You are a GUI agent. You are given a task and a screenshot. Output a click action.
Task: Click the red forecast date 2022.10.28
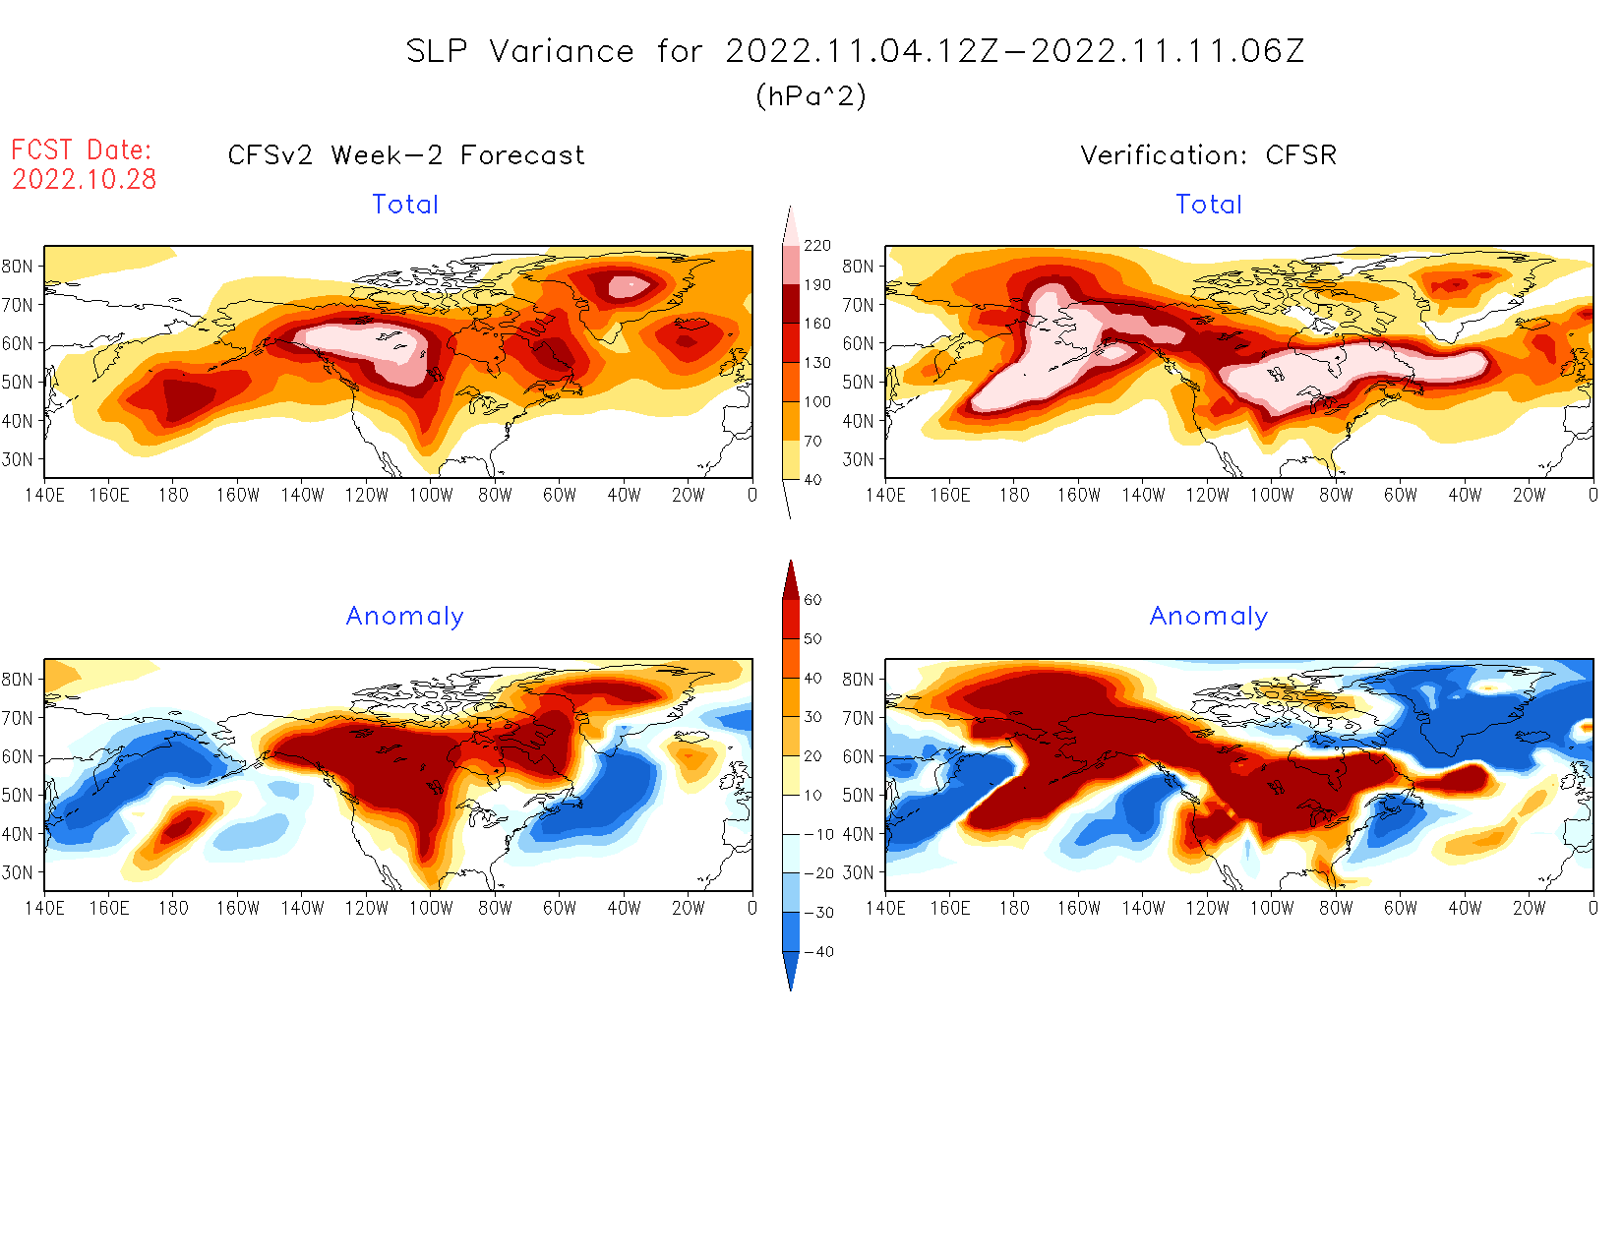pyautogui.click(x=85, y=179)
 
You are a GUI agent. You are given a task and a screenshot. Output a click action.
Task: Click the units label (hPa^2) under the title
pyautogui.click(x=811, y=95)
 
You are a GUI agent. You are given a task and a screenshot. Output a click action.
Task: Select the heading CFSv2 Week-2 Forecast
pyautogui.click(x=406, y=155)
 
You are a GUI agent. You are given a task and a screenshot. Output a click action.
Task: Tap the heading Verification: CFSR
pyautogui.click(x=1209, y=155)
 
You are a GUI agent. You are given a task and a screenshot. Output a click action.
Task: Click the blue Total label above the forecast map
pyautogui.click(x=405, y=205)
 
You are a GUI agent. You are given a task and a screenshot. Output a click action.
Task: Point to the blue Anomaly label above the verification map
pyautogui.click(x=1209, y=617)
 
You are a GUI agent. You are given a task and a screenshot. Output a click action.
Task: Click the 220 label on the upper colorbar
pyautogui.click(x=817, y=246)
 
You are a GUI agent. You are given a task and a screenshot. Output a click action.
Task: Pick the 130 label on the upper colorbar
pyautogui.click(x=817, y=363)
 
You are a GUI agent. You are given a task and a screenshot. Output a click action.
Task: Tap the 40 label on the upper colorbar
pyautogui.click(x=813, y=480)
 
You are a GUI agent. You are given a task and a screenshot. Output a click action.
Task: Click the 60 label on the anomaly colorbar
pyautogui.click(x=812, y=600)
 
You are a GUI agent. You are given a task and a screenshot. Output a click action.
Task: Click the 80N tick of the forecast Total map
pyautogui.click(x=18, y=267)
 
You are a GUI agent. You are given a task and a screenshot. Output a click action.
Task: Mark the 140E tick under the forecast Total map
pyautogui.click(x=44, y=496)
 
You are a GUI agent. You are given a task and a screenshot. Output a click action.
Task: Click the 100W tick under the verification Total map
pyautogui.click(x=1272, y=496)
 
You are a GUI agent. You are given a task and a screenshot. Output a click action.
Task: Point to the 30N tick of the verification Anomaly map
pyautogui.click(x=858, y=872)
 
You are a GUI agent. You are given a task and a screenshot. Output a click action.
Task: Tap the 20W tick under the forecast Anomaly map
pyautogui.click(x=689, y=909)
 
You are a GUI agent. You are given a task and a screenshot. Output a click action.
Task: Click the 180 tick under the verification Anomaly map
pyautogui.click(x=1014, y=909)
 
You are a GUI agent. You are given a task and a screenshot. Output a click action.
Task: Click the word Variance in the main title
pyautogui.click(x=562, y=51)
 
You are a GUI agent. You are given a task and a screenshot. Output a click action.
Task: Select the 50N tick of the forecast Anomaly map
pyautogui.click(x=18, y=795)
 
